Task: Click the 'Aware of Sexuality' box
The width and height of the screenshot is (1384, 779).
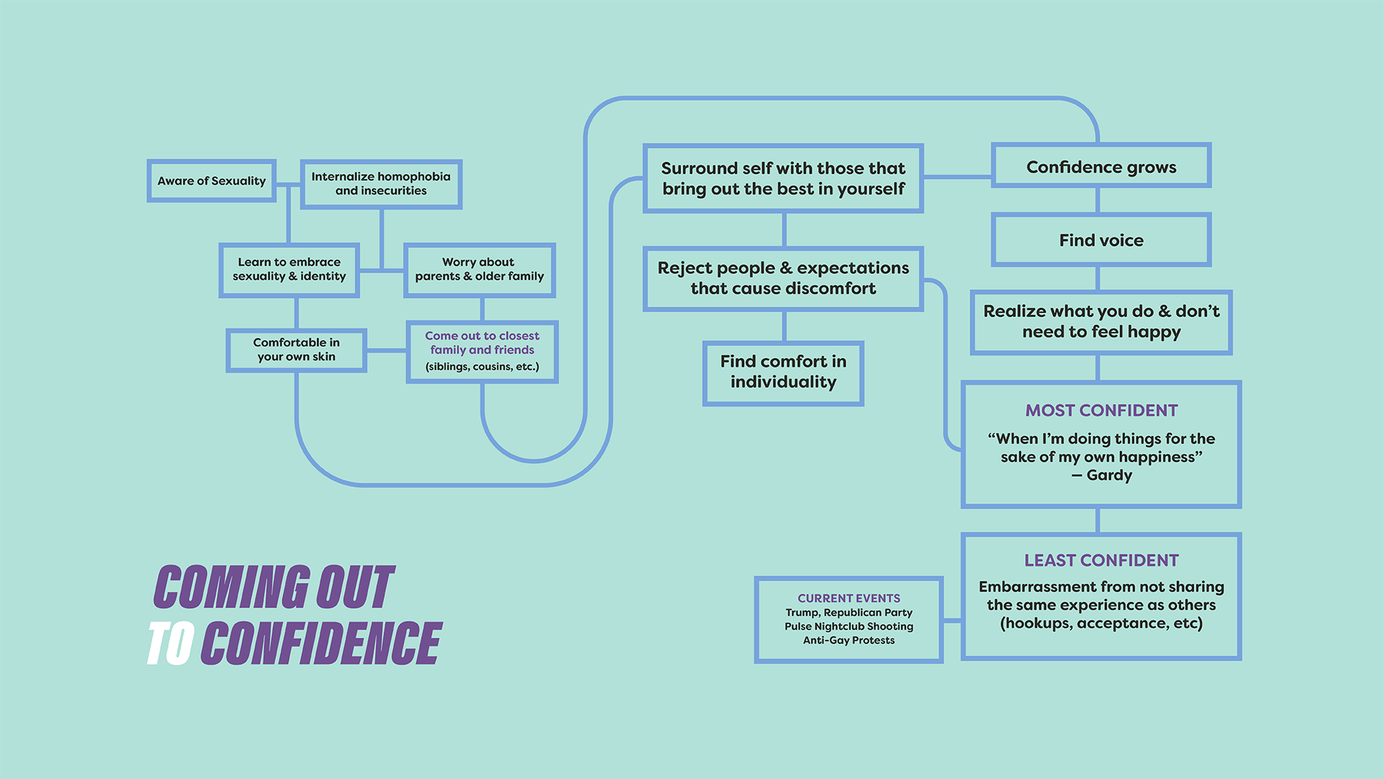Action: coord(211,180)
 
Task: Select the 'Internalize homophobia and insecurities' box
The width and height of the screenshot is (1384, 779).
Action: coord(381,184)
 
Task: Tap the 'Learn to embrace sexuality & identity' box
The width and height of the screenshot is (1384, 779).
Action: coord(289,270)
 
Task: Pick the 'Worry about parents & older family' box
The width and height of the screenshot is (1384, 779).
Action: coord(479,270)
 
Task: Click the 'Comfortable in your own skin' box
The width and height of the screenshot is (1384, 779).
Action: coord(296,350)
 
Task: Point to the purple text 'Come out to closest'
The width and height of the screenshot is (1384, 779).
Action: coord(482,336)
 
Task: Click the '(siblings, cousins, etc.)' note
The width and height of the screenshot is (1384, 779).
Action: coord(482,366)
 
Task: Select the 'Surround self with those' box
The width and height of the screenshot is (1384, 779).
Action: coord(783,178)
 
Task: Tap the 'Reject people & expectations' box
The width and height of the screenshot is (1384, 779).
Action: coord(783,278)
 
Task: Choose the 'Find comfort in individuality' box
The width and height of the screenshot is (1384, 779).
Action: coord(783,373)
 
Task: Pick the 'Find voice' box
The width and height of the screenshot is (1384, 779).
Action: coord(1101,239)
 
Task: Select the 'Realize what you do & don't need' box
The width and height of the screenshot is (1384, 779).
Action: coord(1101,322)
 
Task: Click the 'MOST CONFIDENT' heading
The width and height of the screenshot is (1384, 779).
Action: coord(1101,410)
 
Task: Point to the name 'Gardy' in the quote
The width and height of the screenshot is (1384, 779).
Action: coord(1109,475)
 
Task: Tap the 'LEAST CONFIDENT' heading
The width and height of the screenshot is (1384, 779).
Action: coord(1101,560)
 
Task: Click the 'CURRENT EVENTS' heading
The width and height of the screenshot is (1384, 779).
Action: coord(848,598)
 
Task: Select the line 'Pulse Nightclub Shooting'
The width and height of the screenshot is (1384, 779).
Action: coord(848,626)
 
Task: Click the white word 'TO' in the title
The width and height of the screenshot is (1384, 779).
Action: coord(171,643)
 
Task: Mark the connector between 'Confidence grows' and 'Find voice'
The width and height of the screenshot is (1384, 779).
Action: coord(1097,201)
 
